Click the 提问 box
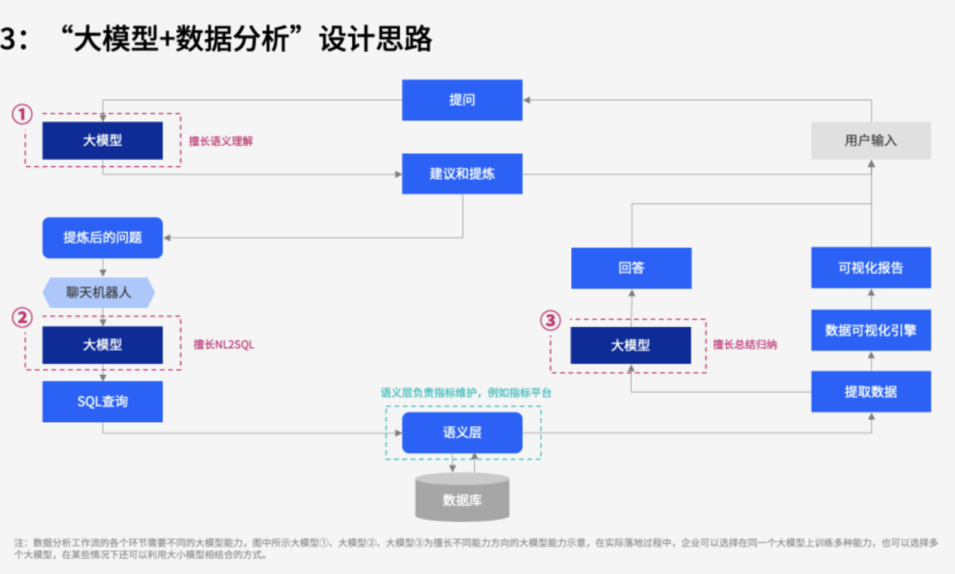point(462,100)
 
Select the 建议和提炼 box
point(462,173)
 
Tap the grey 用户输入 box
point(871,141)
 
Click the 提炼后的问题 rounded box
point(103,238)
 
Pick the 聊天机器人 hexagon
point(99,293)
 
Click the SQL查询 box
point(103,402)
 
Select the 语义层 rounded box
point(462,432)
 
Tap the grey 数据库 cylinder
point(462,497)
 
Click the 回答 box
point(631,268)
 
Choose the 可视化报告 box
point(871,267)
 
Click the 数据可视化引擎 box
point(871,330)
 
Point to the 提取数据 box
point(871,392)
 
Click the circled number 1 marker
point(22,114)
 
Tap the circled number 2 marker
point(22,318)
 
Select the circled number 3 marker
point(551,320)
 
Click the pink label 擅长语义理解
point(220,142)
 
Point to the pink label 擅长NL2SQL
point(224,345)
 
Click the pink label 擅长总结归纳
point(745,345)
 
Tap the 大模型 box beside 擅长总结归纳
point(631,346)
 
